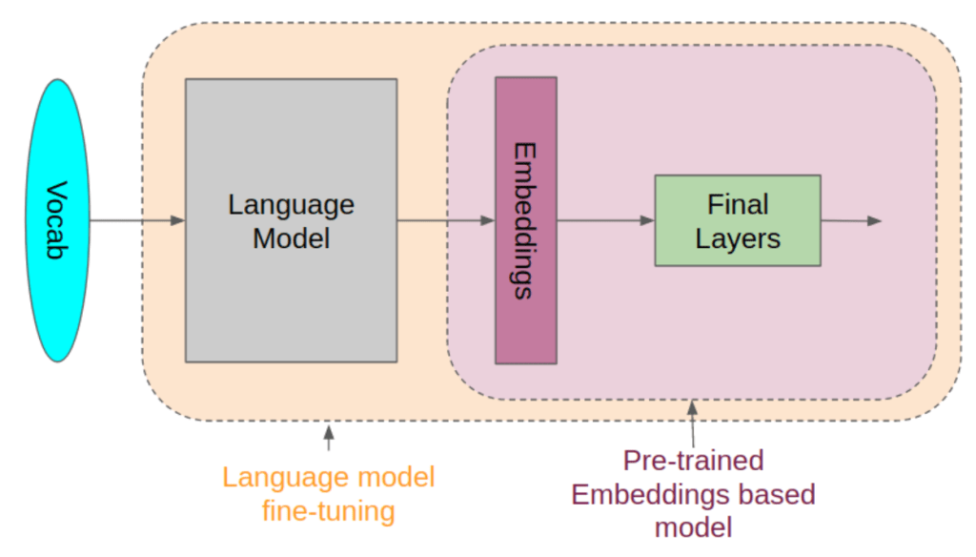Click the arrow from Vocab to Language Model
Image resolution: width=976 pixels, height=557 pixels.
coord(137,220)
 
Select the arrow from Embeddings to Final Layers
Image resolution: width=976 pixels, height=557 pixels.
coord(605,220)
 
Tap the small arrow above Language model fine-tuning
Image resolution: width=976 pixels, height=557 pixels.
coord(329,438)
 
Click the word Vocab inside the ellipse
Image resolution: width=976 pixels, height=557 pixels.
coord(59,220)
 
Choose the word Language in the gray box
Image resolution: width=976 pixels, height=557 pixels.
coord(291,204)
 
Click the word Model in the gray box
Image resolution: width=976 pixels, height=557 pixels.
coord(291,237)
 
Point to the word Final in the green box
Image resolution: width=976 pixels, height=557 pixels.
coord(737,204)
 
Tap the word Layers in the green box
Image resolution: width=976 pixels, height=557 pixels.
coord(737,237)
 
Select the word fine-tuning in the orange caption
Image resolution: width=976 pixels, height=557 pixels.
coord(328,510)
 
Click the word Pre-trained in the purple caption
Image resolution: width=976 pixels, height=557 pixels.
coord(693,461)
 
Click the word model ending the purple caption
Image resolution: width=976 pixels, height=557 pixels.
coord(693,527)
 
